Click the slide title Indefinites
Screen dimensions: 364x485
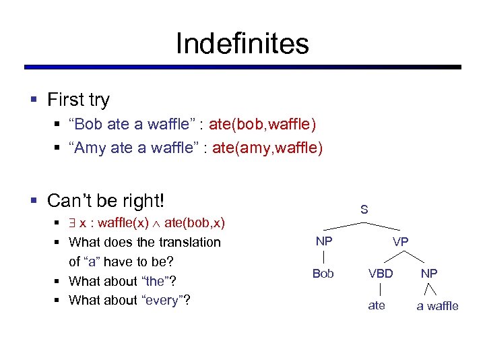point(243,44)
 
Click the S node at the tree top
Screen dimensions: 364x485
point(364,210)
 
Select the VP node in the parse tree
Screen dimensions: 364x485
point(400,241)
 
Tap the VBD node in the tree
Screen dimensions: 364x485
point(381,273)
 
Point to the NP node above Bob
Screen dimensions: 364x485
point(324,241)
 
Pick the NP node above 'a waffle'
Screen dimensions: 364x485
point(428,273)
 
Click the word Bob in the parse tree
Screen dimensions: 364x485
point(323,273)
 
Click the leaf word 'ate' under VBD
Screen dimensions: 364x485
point(377,305)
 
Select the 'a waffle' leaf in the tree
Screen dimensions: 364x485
point(437,305)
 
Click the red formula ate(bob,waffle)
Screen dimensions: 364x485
point(262,124)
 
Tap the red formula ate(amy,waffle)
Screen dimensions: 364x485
point(267,148)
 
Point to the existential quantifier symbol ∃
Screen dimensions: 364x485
point(73,223)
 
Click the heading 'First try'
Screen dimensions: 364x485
point(78,100)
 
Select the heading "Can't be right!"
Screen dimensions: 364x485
point(106,200)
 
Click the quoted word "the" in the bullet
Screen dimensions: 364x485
point(158,281)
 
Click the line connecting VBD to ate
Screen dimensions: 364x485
point(381,289)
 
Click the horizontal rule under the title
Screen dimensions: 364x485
point(243,67)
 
